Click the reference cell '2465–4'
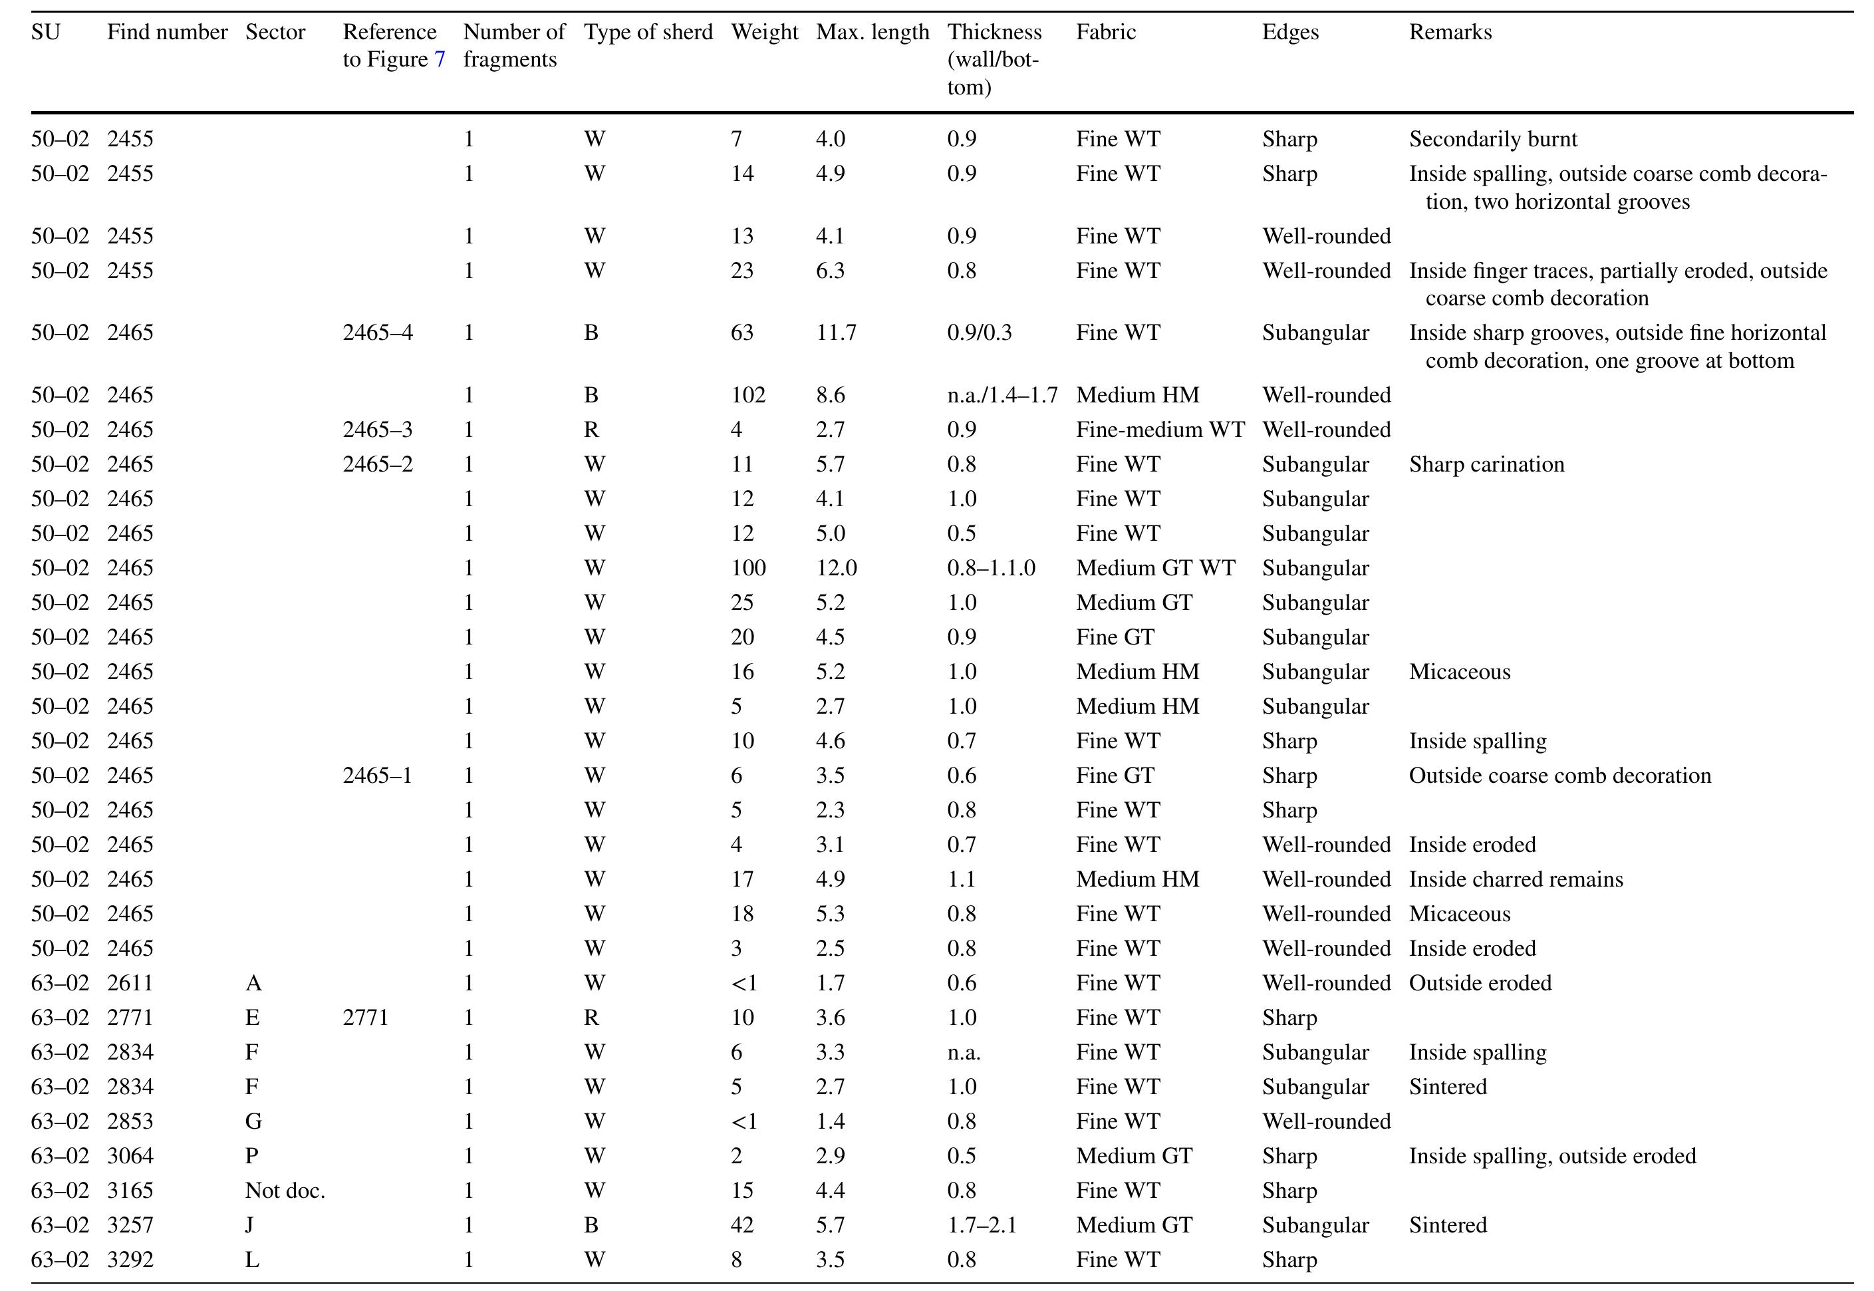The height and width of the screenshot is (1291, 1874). click(377, 333)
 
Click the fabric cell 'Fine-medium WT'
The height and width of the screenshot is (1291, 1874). click(1160, 430)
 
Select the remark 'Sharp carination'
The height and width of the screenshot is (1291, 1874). click(1486, 465)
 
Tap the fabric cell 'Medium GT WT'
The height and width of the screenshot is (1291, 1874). click(1155, 569)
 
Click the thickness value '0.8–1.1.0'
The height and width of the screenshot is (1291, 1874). click(991, 569)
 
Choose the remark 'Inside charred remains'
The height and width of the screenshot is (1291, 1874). click(1515, 880)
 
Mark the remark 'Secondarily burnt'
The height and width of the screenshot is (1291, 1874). click(1492, 139)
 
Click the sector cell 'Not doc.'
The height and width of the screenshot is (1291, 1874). click(285, 1191)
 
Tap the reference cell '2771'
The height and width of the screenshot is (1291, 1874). click(365, 1018)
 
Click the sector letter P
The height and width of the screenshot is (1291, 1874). click(251, 1157)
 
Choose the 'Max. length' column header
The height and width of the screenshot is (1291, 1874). click(872, 33)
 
